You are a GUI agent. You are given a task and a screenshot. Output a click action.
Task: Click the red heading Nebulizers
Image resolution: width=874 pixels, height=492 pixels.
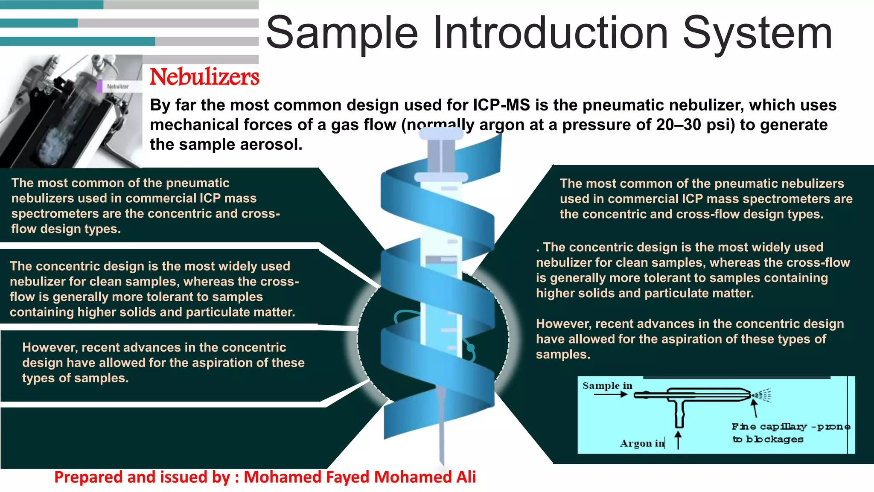tap(204, 77)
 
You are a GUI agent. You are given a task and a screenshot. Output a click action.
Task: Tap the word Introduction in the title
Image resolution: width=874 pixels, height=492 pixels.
tap(551, 32)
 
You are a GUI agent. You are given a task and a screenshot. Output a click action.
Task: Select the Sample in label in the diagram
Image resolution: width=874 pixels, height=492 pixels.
tap(607, 386)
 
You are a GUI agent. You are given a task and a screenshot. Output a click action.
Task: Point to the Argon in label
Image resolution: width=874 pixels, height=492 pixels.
tap(642, 443)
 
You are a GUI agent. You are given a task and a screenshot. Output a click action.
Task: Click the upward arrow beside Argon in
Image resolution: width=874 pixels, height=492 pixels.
tap(678, 440)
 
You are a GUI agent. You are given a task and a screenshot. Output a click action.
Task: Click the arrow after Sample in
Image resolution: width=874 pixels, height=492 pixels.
tap(611, 394)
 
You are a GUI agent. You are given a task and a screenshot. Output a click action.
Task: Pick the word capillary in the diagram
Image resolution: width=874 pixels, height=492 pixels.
tap(784, 427)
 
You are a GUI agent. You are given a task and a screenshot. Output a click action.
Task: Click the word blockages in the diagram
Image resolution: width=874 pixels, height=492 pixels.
tap(775, 439)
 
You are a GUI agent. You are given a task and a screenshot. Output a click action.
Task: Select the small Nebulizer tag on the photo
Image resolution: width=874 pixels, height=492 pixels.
tap(117, 86)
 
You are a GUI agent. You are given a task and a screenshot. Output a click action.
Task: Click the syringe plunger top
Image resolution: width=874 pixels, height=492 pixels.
tap(441, 134)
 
